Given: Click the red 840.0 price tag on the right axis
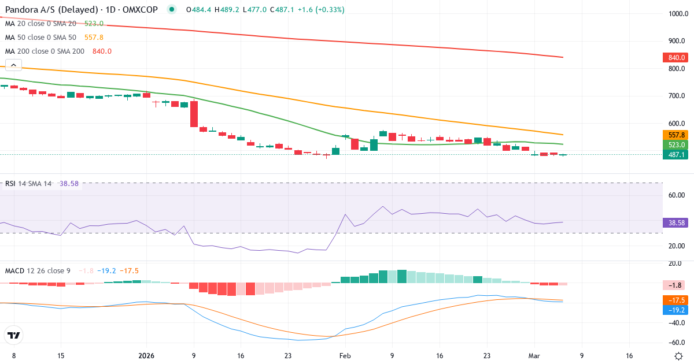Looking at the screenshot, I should tap(675, 58).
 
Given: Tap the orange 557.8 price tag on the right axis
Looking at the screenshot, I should tap(675, 135).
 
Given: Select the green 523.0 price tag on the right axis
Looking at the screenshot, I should tap(675, 144).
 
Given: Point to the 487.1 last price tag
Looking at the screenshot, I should tap(675, 155).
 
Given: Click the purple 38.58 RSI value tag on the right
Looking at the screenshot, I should tap(675, 222).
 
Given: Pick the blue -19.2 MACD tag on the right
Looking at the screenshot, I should tap(675, 310).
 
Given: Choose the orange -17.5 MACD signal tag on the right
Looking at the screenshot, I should tap(675, 300).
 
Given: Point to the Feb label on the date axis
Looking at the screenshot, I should tap(345, 356).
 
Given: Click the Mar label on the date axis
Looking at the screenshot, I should tap(534, 356).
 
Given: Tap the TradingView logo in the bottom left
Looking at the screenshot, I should tap(14, 335).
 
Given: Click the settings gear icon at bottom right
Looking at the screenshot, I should tap(680, 356).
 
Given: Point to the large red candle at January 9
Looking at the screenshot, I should tap(194, 114).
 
